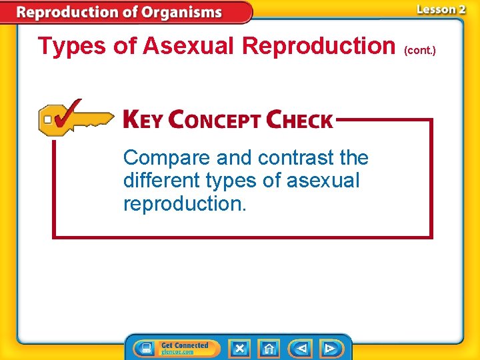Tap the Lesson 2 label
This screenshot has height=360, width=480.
pyautogui.click(x=440, y=9)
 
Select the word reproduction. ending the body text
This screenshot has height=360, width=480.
pyautogui.click(x=185, y=203)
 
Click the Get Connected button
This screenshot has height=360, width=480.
pyautogui.click(x=177, y=348)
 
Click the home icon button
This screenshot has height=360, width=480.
pyautogui.click(x=269, y=348)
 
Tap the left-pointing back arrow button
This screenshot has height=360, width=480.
pyautogui.click(x=301, y=348)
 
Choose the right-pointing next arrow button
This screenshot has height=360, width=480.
pyautogui.click(x=329, y=348)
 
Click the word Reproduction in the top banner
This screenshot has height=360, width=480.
pyautogui.click(x=73, y=12)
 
